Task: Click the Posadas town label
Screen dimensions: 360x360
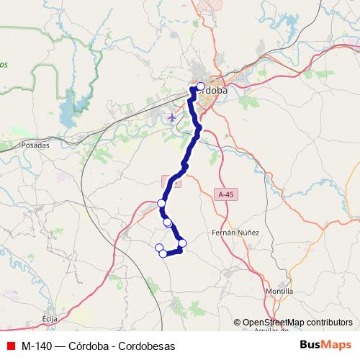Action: coord(35,144)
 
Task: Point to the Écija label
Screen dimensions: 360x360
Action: coord(49,318)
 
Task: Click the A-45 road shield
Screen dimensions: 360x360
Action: coord(225,194)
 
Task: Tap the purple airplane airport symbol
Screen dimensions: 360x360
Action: coord(171,117)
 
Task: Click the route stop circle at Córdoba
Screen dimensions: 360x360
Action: coord(200,86)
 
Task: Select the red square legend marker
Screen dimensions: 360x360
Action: coord(9,346)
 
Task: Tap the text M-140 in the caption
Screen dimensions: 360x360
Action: coord(35,346)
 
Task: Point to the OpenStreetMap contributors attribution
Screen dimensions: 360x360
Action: coord(297,323)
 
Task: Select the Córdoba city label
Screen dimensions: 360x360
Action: coord(214,91)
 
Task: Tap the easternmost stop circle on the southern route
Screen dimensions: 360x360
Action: coord(182,243)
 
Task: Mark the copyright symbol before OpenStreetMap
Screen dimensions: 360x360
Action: coord(238,323)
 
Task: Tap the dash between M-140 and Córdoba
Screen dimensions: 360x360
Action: coord(60,346)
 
